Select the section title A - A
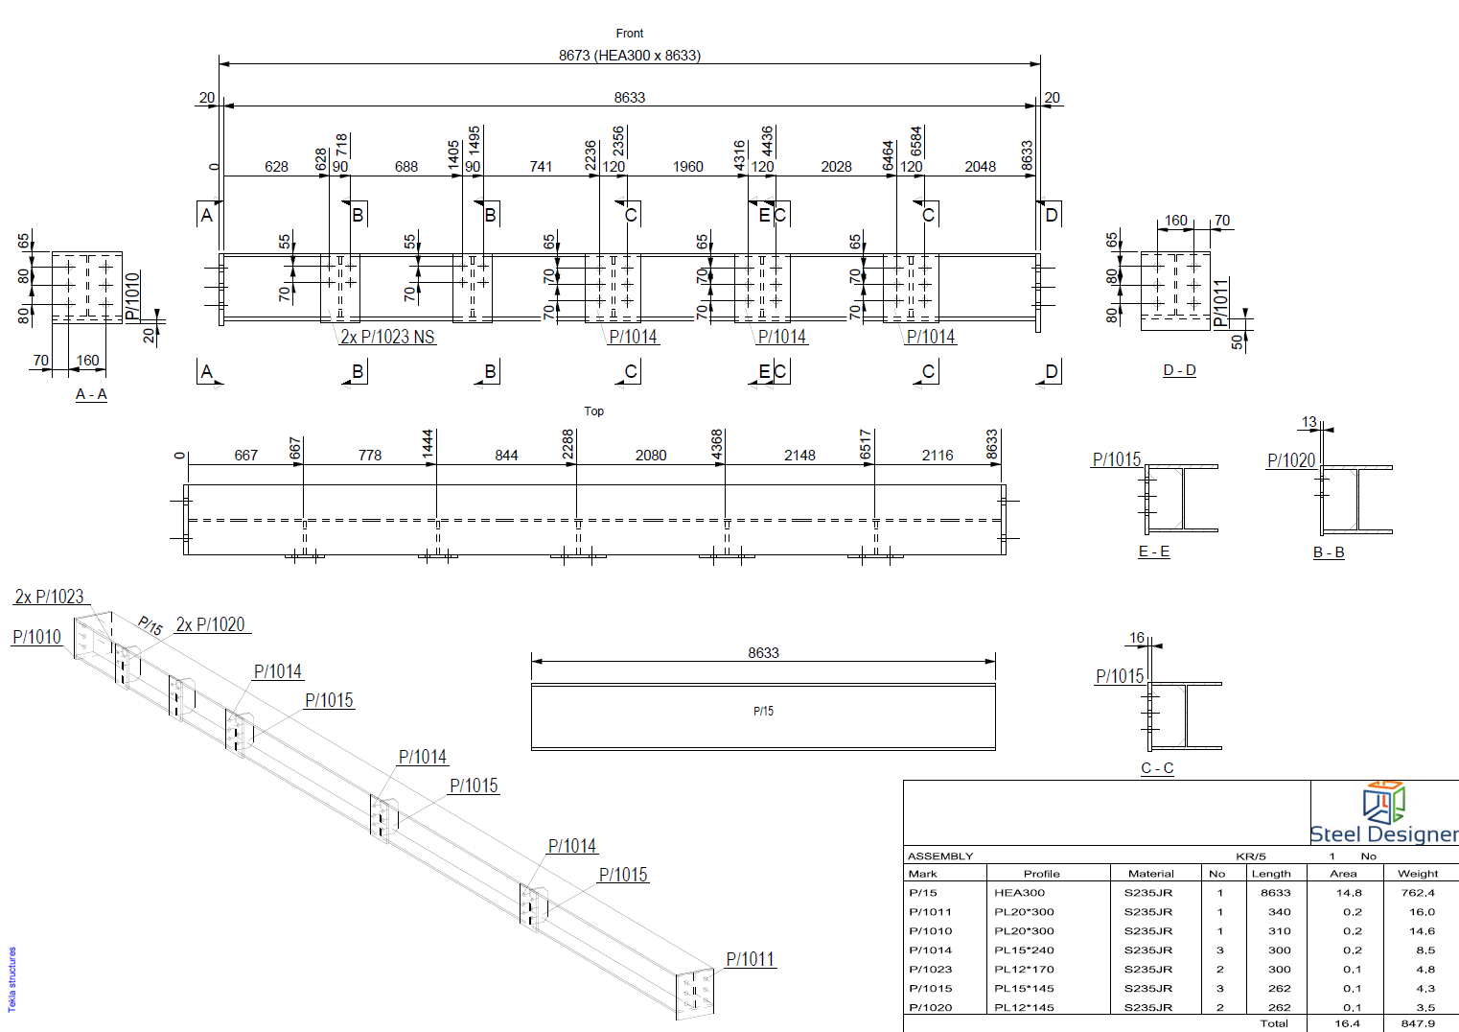click(91, 394)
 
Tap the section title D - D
click(1179, 370)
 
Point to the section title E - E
click(1153, 551)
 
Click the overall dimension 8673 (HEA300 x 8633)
click(630, 56)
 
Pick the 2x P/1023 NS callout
click(387, 337)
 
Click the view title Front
click(630, 34)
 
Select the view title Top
click(594, 411)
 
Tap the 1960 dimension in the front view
click(687, 167)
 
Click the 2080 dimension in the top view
click(651, 456)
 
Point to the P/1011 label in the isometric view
click(750, 959)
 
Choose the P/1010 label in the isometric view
click(36, 637)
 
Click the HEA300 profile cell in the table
click(1019, 893)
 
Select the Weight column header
click(1418, 874)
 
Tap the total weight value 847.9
click(1418, 1023)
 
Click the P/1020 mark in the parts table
click(930, 1008)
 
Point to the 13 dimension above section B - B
click(1309, 422)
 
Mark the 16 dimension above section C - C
click(1137, 638)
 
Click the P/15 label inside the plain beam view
click(763, 712)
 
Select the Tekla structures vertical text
click(12, 979)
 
